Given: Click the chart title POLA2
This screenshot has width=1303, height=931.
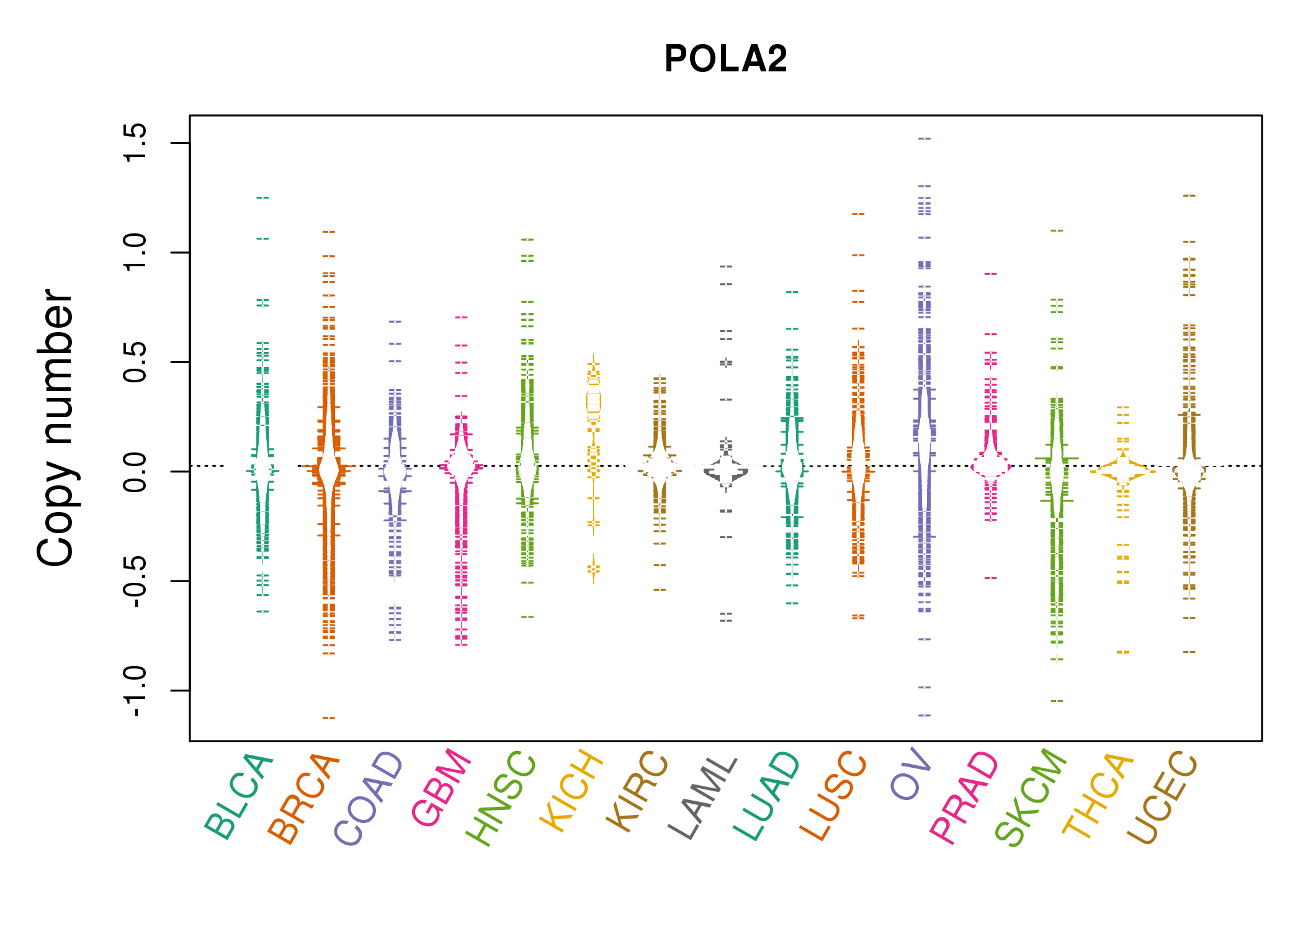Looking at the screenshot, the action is point(725,59).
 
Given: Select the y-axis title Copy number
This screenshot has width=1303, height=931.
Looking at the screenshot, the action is point(55,428).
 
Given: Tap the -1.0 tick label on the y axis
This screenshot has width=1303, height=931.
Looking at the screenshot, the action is point(135,691).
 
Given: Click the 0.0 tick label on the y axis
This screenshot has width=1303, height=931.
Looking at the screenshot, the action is point(135,472).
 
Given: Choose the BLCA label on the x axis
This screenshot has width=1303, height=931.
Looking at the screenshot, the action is point(239,797).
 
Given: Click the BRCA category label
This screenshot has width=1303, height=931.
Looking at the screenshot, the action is point(304,798).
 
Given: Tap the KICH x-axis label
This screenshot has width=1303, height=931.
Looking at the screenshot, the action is point(571,791).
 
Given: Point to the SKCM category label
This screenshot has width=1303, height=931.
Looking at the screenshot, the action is point(1031,798).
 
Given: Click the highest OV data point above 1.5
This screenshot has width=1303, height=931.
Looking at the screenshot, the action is point(925,138).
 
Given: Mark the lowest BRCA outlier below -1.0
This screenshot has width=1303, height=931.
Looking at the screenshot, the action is point(329,717).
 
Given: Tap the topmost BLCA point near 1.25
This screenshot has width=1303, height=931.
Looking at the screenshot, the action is point(263,197).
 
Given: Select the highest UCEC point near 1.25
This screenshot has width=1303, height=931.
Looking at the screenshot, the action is point(1189,196).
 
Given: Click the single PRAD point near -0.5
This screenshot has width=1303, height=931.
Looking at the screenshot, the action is point(991,578).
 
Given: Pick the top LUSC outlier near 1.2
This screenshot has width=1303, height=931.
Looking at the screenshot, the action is point(858,214).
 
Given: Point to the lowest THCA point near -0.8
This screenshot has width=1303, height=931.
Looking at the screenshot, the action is point(1123,652).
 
